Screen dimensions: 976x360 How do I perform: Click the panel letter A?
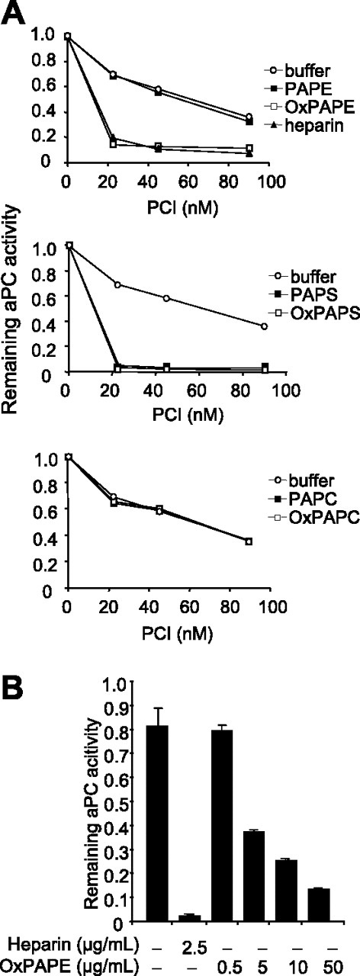[14, 13]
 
